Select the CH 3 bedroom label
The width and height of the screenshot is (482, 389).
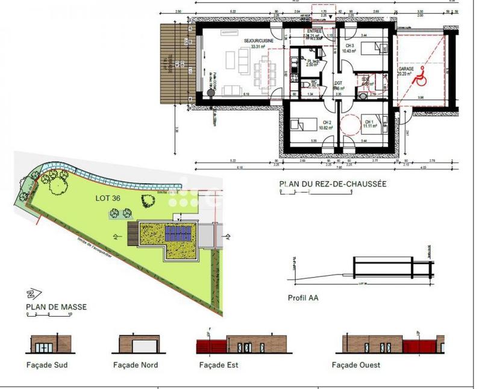349,46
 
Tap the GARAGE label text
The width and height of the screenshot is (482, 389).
405,70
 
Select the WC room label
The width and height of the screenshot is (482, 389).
314,82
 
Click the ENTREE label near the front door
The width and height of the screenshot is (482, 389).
314,31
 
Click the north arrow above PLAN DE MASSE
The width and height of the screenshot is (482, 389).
30,295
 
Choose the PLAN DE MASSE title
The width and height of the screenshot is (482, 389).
56,307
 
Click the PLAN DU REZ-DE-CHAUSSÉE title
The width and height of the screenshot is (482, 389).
333,184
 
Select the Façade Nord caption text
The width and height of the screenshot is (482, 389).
136,365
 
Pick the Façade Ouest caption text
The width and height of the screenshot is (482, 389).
355,365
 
